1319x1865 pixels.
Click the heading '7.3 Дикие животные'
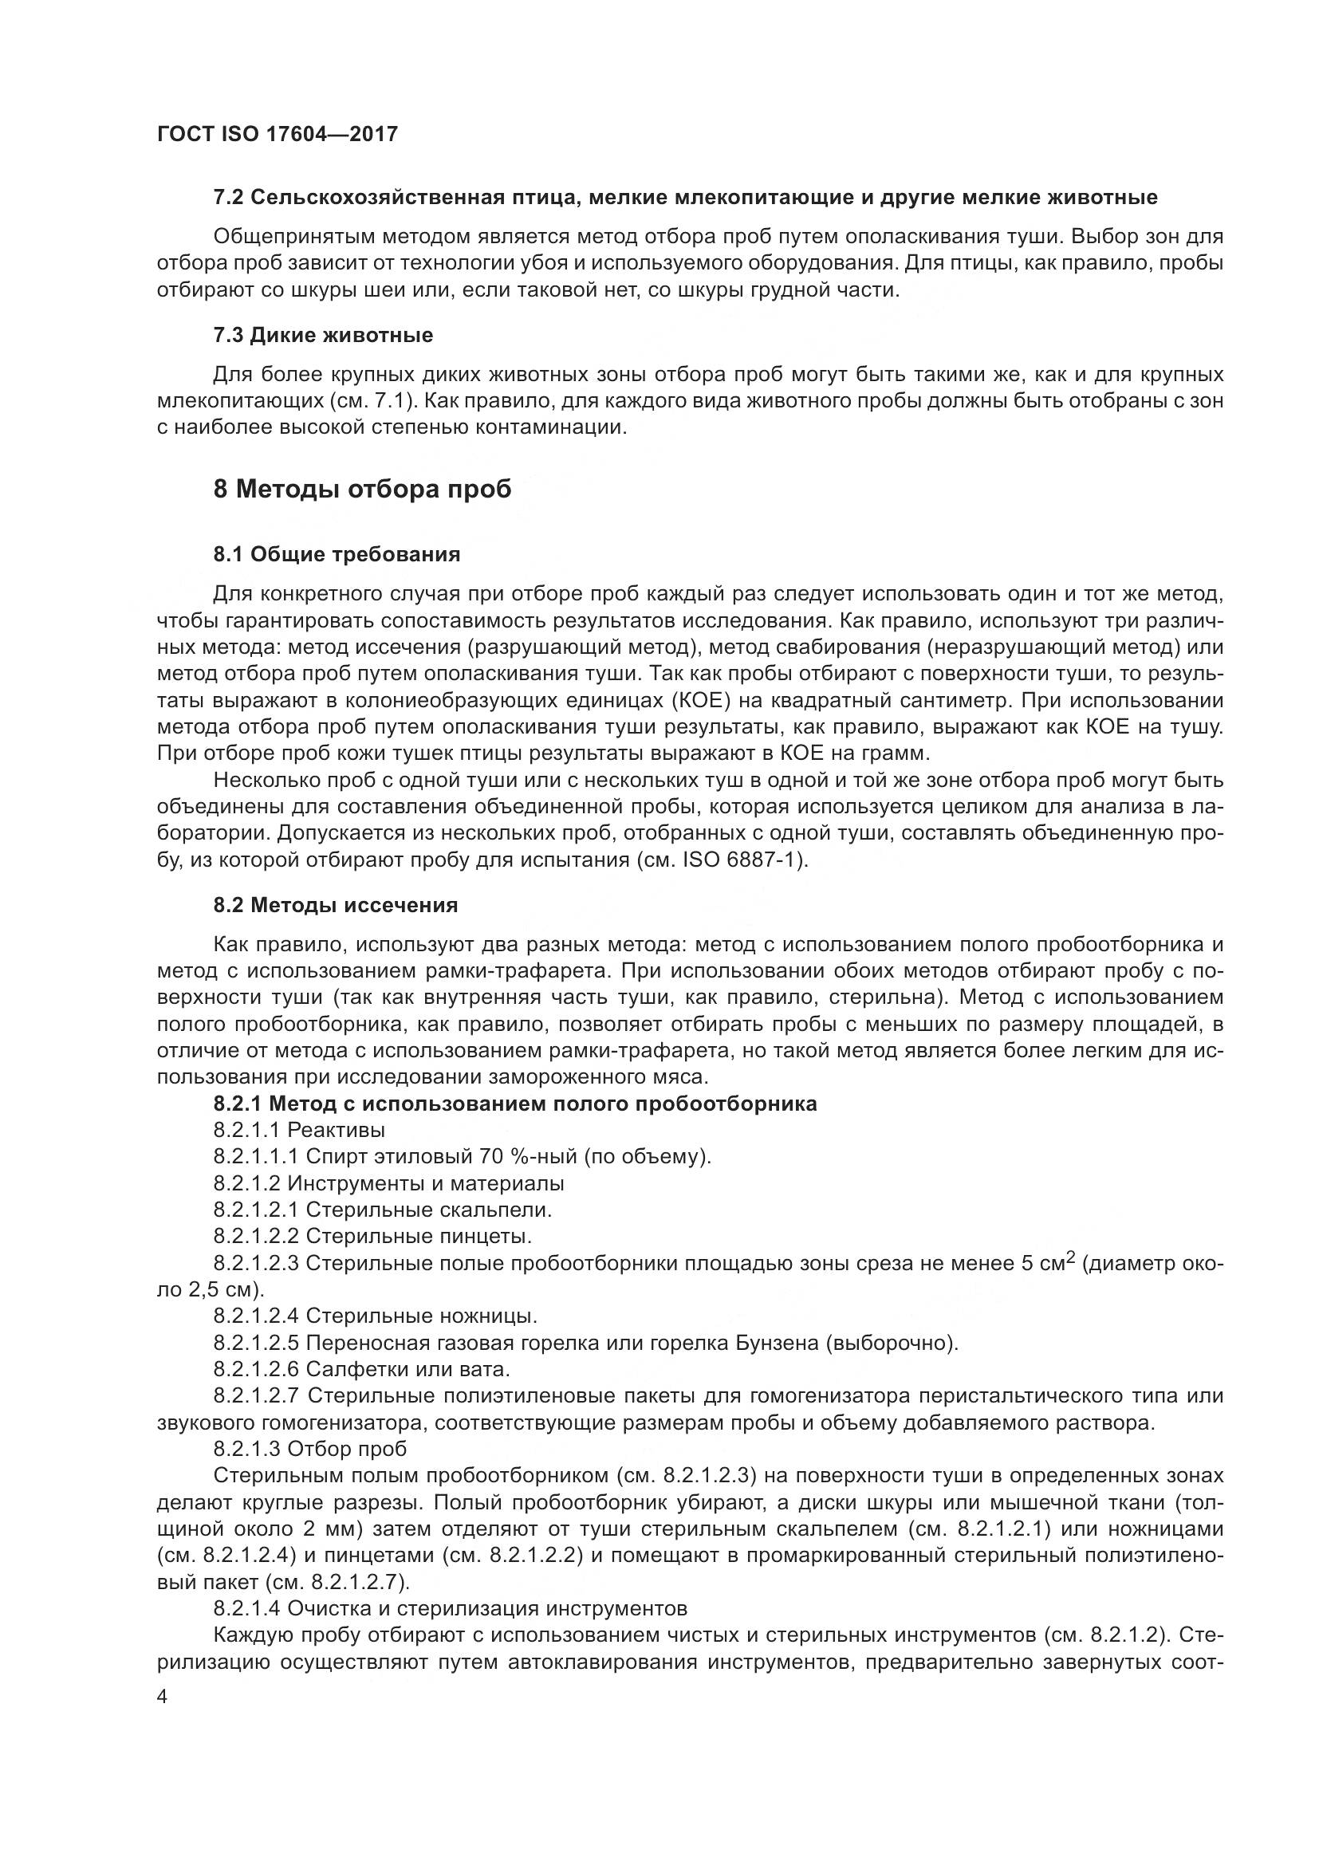[322, 335]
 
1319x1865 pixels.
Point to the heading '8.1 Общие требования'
[337, 554]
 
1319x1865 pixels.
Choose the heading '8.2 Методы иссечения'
[336, 905]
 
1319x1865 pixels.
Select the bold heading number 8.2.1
[237, 1103]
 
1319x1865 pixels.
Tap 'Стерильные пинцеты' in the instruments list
[419, 1237]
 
